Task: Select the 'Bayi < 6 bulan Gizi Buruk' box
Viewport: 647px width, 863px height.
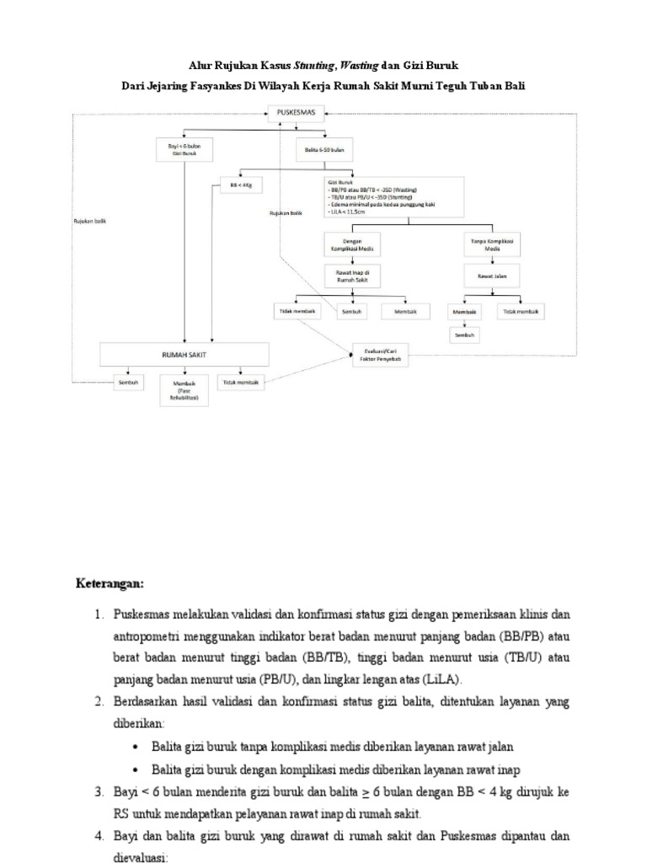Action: tap(184, 150)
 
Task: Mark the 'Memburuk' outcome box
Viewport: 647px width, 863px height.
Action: tap(399, 310)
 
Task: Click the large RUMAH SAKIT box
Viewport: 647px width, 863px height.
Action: tap(184, 354)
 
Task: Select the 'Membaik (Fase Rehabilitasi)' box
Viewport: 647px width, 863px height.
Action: tap(184, 390)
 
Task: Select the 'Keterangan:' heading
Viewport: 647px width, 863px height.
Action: tap(110, 583)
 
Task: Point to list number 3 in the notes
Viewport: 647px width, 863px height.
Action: tap(98, 793)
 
